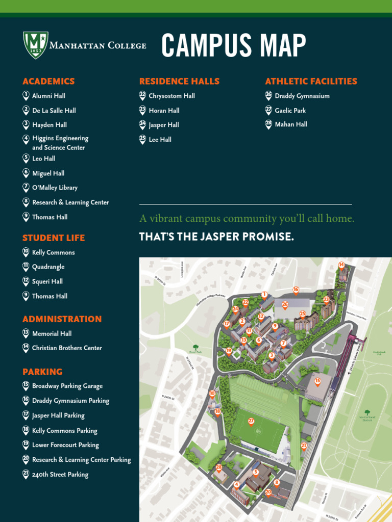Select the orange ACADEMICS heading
[x=48, y=82]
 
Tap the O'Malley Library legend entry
[x=55, y=188]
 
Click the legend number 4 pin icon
[x=26, y=139]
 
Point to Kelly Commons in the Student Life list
[x=53, y=252]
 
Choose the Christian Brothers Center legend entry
[x=67, y=348]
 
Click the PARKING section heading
[x=42, y=372]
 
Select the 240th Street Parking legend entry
[x=60, y=475]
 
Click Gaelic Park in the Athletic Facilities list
[x=290, y=110]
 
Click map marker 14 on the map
[x=341, y=265]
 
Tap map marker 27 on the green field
[x=251, y=422]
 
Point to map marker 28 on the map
[x=219, y=467]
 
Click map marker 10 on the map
[x=212, y=394]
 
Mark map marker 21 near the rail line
[x=304, y=446]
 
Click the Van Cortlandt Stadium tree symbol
[x=367, y=412]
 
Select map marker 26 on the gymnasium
[x=285, y=304]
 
